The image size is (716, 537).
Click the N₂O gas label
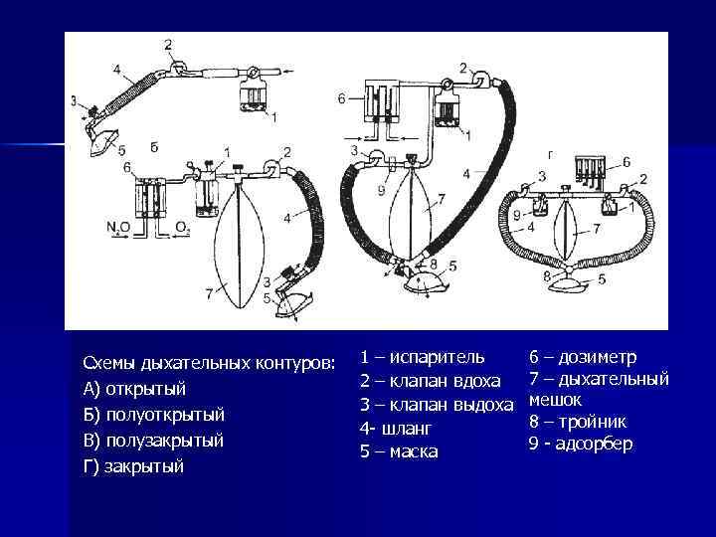118,227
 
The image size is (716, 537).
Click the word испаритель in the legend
437,357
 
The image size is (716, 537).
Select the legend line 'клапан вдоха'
430,381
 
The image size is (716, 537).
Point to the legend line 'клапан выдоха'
437,405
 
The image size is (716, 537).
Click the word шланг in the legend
406,429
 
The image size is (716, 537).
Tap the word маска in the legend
414,451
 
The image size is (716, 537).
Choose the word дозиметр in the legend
597,357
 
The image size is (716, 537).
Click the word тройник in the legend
593,422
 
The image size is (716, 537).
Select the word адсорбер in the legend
594,444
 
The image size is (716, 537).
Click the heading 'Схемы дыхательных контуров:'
209,364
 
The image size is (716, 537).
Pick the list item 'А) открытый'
134,389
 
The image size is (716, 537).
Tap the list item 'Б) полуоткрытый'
154,415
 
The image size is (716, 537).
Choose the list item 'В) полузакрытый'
153,441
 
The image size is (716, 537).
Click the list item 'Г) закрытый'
133,466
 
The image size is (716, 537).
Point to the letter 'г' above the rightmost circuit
552,156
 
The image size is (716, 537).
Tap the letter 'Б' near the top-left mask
154,147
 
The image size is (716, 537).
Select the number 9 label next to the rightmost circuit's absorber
516,214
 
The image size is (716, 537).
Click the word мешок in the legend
555,400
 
